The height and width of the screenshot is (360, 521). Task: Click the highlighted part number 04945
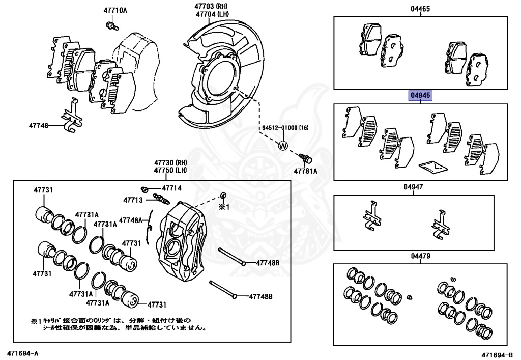pyautogui.click(x=421, y=96)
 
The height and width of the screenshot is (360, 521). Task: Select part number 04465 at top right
pyautogui.click(x=421, y=9)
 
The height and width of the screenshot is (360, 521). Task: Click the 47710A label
pyautogui.click(x=115, y=10)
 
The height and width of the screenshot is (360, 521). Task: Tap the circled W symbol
pyautogui.click(x=283, y=146)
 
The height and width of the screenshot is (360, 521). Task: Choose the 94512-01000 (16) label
pyautogui.click(x=285, y=127)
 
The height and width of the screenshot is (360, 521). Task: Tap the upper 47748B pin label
pyautogui.click(x=268, y=263)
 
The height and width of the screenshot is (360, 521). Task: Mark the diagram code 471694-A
pyautogui.click(x=22, y=352)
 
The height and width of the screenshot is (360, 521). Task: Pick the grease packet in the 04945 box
pyautogui.click(x=431, y=165)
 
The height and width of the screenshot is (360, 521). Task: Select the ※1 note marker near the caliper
pyautogui.click(x=224, y=207)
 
